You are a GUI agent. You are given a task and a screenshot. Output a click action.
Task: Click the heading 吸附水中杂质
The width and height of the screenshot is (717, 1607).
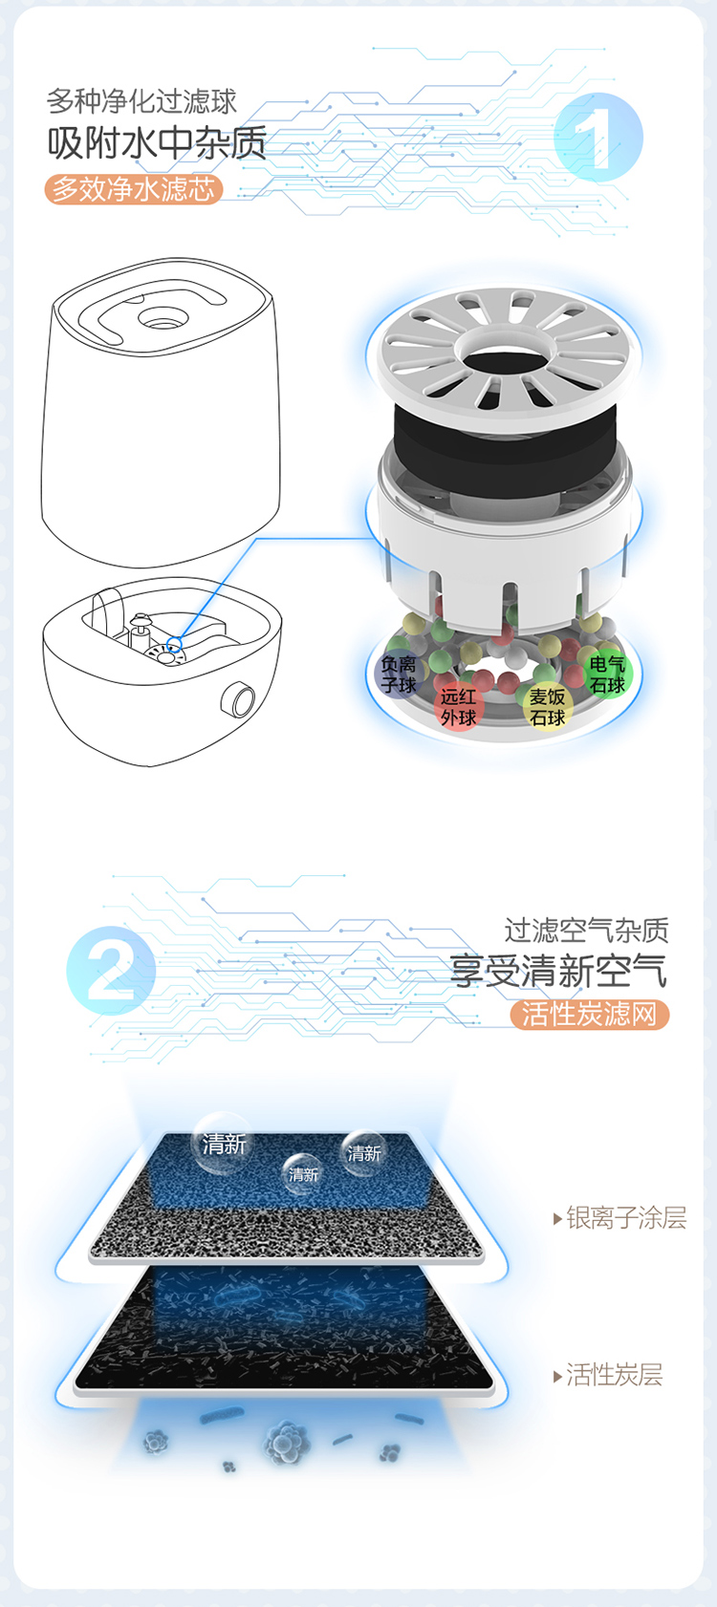(x=157, y=142)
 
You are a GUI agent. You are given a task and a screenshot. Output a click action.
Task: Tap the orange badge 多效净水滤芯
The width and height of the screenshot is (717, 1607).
(x=134, y=188)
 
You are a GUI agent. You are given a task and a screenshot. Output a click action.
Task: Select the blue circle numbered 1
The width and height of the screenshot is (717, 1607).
(x=597, y=137)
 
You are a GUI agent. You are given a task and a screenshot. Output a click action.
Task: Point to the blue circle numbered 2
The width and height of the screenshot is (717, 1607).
(x=111, y=970)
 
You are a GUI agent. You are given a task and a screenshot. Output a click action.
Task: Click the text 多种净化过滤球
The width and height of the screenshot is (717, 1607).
(x=141, y=101)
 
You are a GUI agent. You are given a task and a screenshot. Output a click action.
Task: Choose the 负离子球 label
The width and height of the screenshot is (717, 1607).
(x=399, y=675)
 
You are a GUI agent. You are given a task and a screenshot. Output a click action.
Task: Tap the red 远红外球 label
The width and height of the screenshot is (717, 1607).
(x=458, y=707)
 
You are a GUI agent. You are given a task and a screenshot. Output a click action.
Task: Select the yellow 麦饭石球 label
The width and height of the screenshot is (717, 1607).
(x=547, y=707)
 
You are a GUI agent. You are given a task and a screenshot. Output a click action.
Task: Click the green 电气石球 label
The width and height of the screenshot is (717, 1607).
(x=607, y=675)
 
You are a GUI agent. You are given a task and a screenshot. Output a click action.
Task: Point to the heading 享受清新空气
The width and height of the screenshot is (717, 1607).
(x=558, y=971)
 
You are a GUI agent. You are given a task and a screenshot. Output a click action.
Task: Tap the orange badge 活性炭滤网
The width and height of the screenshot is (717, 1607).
(x=589, y=1015)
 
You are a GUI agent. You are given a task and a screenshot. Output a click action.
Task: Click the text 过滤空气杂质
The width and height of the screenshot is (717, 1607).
(x=586, y=930)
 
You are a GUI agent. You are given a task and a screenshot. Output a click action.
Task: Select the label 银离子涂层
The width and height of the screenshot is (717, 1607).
(x=620, y=1217)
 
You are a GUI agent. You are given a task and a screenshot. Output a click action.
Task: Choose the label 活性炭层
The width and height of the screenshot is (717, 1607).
(x=608, y=1374)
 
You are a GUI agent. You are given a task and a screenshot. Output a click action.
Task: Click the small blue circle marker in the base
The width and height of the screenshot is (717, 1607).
(x=174, y=643)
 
